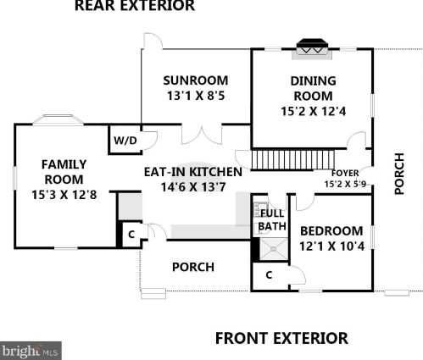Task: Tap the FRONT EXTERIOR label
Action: click(x=281, y=338)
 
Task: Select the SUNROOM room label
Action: click(x=196, y=81)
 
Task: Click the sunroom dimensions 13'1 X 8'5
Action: click(x=196, y=97)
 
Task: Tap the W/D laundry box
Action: click(x=124, y=141)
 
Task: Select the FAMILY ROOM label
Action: click(x=64, y=172)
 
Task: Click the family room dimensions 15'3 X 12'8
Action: click(x=64, y=195)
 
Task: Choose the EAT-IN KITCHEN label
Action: click(x=192, y=172)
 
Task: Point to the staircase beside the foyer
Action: click(x=287, y=159)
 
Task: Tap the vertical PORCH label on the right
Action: click(x=401, y=174)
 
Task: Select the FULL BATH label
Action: click(x=271, y=219)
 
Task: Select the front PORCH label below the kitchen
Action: click(x=192, y=267)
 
